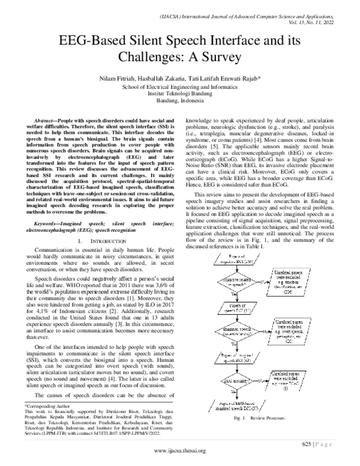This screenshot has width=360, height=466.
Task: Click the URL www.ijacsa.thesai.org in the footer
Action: (x=179, y=451)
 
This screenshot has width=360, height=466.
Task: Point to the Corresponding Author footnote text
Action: (x=45, y=405)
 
